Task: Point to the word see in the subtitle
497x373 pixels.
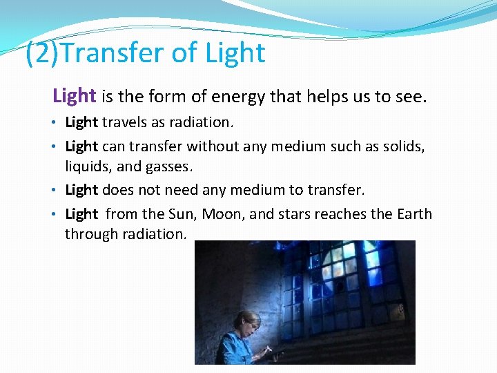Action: pos(409,97)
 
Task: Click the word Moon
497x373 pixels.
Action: pos(222,214)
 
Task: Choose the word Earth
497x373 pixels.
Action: pos(414,214)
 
